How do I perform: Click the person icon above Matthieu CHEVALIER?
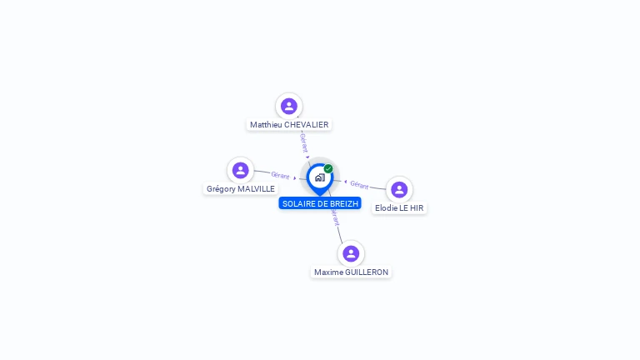click(x=289, y=106)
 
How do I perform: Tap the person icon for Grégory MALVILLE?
click(x=241, y=170)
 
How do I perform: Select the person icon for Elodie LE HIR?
click(x=399, y=189)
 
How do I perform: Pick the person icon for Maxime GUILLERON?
click(x=351, y=253)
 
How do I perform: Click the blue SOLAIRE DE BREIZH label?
click(x=320, y=203)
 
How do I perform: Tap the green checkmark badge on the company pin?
click(x=328, y=169)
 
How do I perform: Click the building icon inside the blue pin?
click(x=319, y=177)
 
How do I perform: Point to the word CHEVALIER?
click(x=306, y=125)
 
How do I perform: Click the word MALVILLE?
click(x=256, y=189)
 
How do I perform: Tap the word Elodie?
click(x=386, y=208)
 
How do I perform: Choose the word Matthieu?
click(x=266, y=125)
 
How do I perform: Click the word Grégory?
click(x=221, y=189)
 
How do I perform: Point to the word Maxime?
click(x=328, y=272)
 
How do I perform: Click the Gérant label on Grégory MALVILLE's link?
click(x=280, y=176)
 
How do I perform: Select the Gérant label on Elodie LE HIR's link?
click(x=359, y=184)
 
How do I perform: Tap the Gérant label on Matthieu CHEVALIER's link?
click(x=304, y=142)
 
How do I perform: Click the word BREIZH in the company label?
click(x=343, y=203)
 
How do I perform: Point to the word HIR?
click(x=416, y=208)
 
